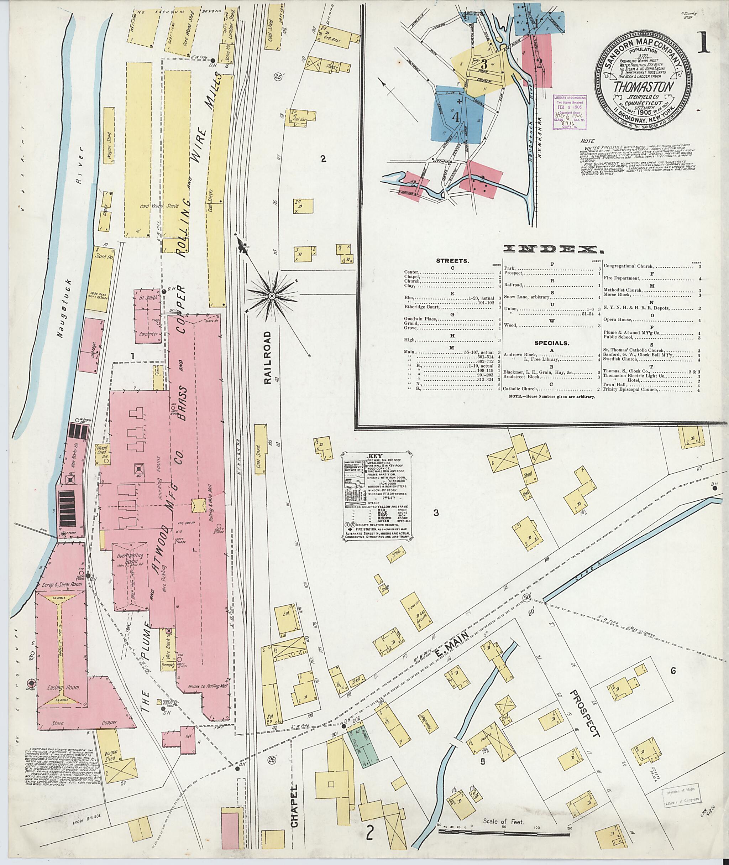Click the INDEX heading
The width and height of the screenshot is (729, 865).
point(551,249)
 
